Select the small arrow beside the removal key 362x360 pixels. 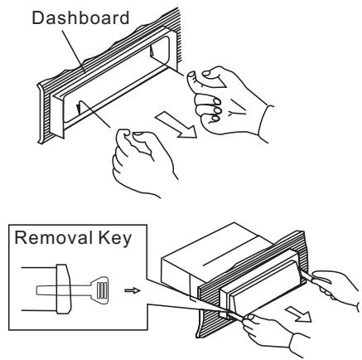(132, 269)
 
